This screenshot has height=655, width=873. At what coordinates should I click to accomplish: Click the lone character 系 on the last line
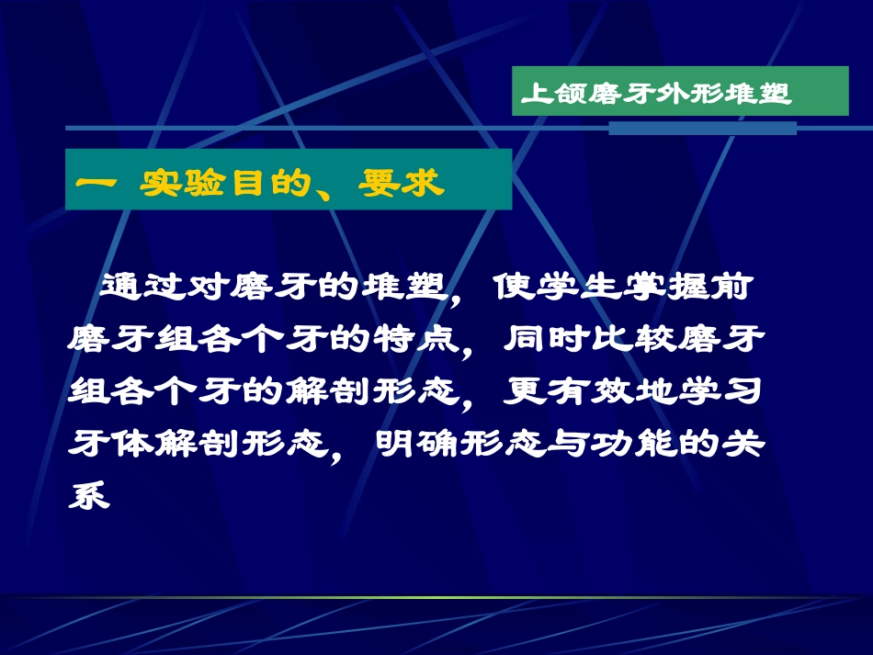tap(90, 497)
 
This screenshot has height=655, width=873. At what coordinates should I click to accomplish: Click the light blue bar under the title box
tap(702, 129)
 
